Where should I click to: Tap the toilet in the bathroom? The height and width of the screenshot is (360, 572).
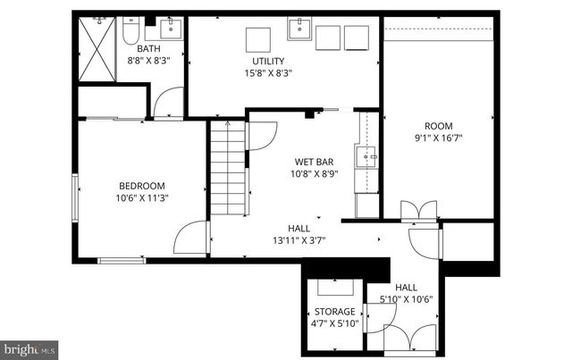pyautogui.click(x=130, y=34)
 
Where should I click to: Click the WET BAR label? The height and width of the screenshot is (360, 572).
pyautogui.click(x=315, y=162)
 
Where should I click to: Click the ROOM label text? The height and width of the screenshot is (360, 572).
pyautogui.click(x=438, y=126)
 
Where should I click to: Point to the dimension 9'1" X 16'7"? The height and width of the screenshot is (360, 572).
pyautogui.click(x=438, y=138)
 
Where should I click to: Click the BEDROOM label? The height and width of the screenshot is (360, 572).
pyautogui.click(x=143, y=185)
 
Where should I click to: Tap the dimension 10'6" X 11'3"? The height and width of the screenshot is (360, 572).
pyautogui.click(x=143, y=198)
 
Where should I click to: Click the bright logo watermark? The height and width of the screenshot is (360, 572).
pyautogui.click(x=29, y=347)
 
